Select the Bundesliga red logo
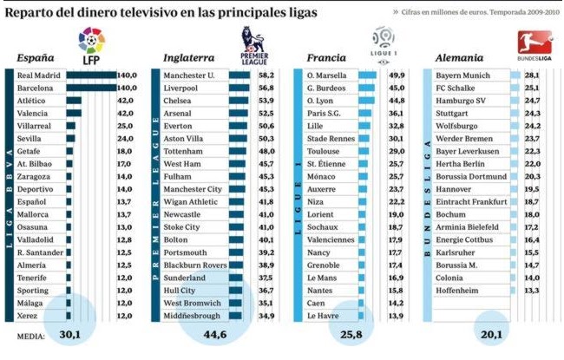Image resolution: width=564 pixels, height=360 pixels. tap(529, 43)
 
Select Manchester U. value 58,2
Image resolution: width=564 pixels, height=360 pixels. tap(266, 75)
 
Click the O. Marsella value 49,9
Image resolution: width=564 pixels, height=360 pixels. tap(394, 75)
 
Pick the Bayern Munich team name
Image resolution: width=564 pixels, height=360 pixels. tap(463, 75)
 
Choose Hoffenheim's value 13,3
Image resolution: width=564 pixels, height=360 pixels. tap(532, 290)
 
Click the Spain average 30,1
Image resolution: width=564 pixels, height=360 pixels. tap(70, 334)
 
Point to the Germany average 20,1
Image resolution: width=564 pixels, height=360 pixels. tap(491, 334)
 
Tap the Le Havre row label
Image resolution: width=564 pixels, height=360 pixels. tap(323, 317)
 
